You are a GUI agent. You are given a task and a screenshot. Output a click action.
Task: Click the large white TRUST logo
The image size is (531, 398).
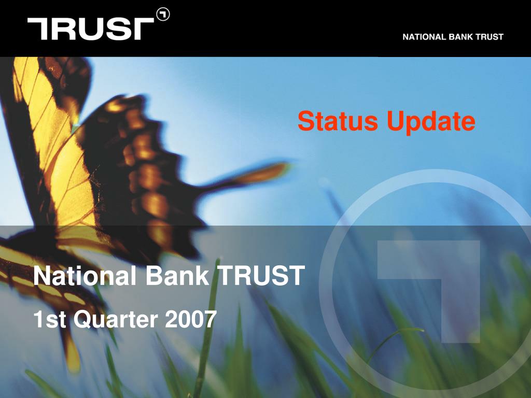click(x=91, y=29)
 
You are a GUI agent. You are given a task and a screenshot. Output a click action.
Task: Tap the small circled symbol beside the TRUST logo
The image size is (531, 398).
click(x=163, y=15)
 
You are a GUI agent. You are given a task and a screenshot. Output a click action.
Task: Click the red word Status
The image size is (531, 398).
click(x=338, y=121)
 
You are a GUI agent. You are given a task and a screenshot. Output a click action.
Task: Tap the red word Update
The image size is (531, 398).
click(x=431, y=122)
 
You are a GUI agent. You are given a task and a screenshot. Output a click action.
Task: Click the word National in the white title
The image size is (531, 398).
click(x=85, y=275)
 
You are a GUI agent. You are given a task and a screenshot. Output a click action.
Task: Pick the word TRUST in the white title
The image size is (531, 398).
click(x=261, y=275)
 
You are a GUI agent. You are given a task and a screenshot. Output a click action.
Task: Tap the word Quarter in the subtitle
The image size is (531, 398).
click(x=116, y=319)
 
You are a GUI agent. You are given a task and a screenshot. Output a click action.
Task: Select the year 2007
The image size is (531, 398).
click(x=191, y=319)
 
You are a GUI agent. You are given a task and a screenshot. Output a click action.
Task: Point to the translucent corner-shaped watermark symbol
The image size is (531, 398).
click(x=429, y=291)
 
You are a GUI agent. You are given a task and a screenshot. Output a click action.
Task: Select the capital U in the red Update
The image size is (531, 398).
click(x=397, y=121)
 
